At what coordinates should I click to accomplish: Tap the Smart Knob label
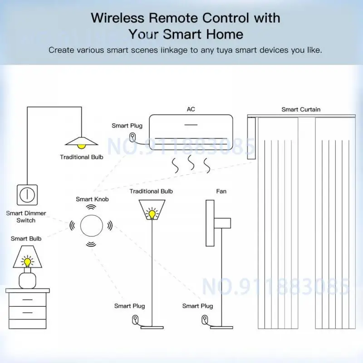point(92,199)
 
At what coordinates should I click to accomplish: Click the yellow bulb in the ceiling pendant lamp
point(81,145)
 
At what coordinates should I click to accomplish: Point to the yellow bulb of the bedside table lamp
point(28,261)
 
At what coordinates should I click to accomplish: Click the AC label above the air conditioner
point(191,109)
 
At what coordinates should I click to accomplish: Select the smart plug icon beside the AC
point(132,137)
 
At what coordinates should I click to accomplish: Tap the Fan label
point(221,191)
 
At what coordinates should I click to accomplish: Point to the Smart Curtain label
point(300,109)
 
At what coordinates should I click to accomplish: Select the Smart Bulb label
point(26,238)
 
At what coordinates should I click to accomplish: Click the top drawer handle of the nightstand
point(28,299)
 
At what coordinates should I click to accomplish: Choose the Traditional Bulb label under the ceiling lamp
point(82,157)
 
